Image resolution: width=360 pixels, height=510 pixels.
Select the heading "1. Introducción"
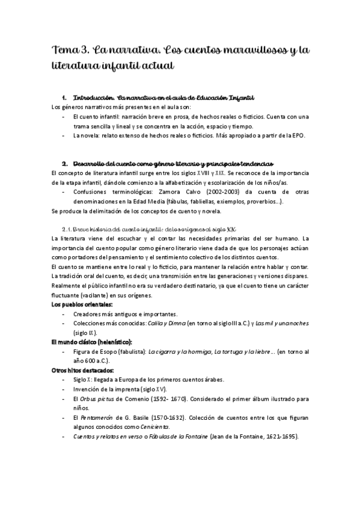click(91, 97)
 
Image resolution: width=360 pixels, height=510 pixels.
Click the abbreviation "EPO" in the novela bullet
click(299, 136)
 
